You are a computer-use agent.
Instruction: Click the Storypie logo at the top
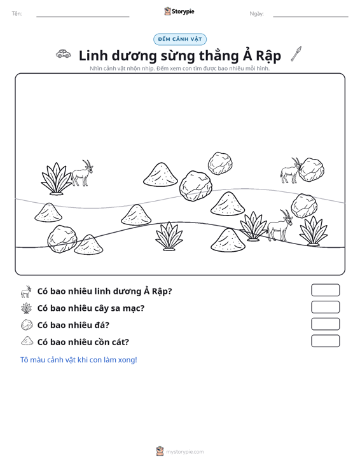(x=179, y=11)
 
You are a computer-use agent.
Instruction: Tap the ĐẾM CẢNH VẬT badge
(x=180, y=39)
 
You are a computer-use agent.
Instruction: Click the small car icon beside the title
(x=64, y=53)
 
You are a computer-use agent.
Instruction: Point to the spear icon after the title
(x=296, y=54)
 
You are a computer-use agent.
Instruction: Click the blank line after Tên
(x=83, y=17)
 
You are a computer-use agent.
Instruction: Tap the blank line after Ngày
(x=310, y=17)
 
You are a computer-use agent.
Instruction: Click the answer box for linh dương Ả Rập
(x=325, y=290)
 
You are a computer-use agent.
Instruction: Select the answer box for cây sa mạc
(x=325, y=307)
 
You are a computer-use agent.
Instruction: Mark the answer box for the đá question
(x=325, y=324)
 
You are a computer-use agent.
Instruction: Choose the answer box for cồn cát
(x=325, y=341)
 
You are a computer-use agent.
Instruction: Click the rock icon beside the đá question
(x=27, y=324)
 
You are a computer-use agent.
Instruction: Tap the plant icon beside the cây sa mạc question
(x=27, y=308)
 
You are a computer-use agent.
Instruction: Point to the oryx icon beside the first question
(x=26, y=292)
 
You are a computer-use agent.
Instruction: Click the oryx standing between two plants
(x=279, y=225)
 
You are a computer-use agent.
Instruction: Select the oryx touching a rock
(x=290, y=170)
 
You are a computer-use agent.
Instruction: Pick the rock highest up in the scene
(x=220, y=163)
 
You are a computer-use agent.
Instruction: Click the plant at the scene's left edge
(x=57, y=179)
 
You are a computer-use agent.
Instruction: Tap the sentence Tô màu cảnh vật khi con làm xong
(x=79, y=360)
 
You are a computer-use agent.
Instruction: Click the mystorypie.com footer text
(x=184, y=452)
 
